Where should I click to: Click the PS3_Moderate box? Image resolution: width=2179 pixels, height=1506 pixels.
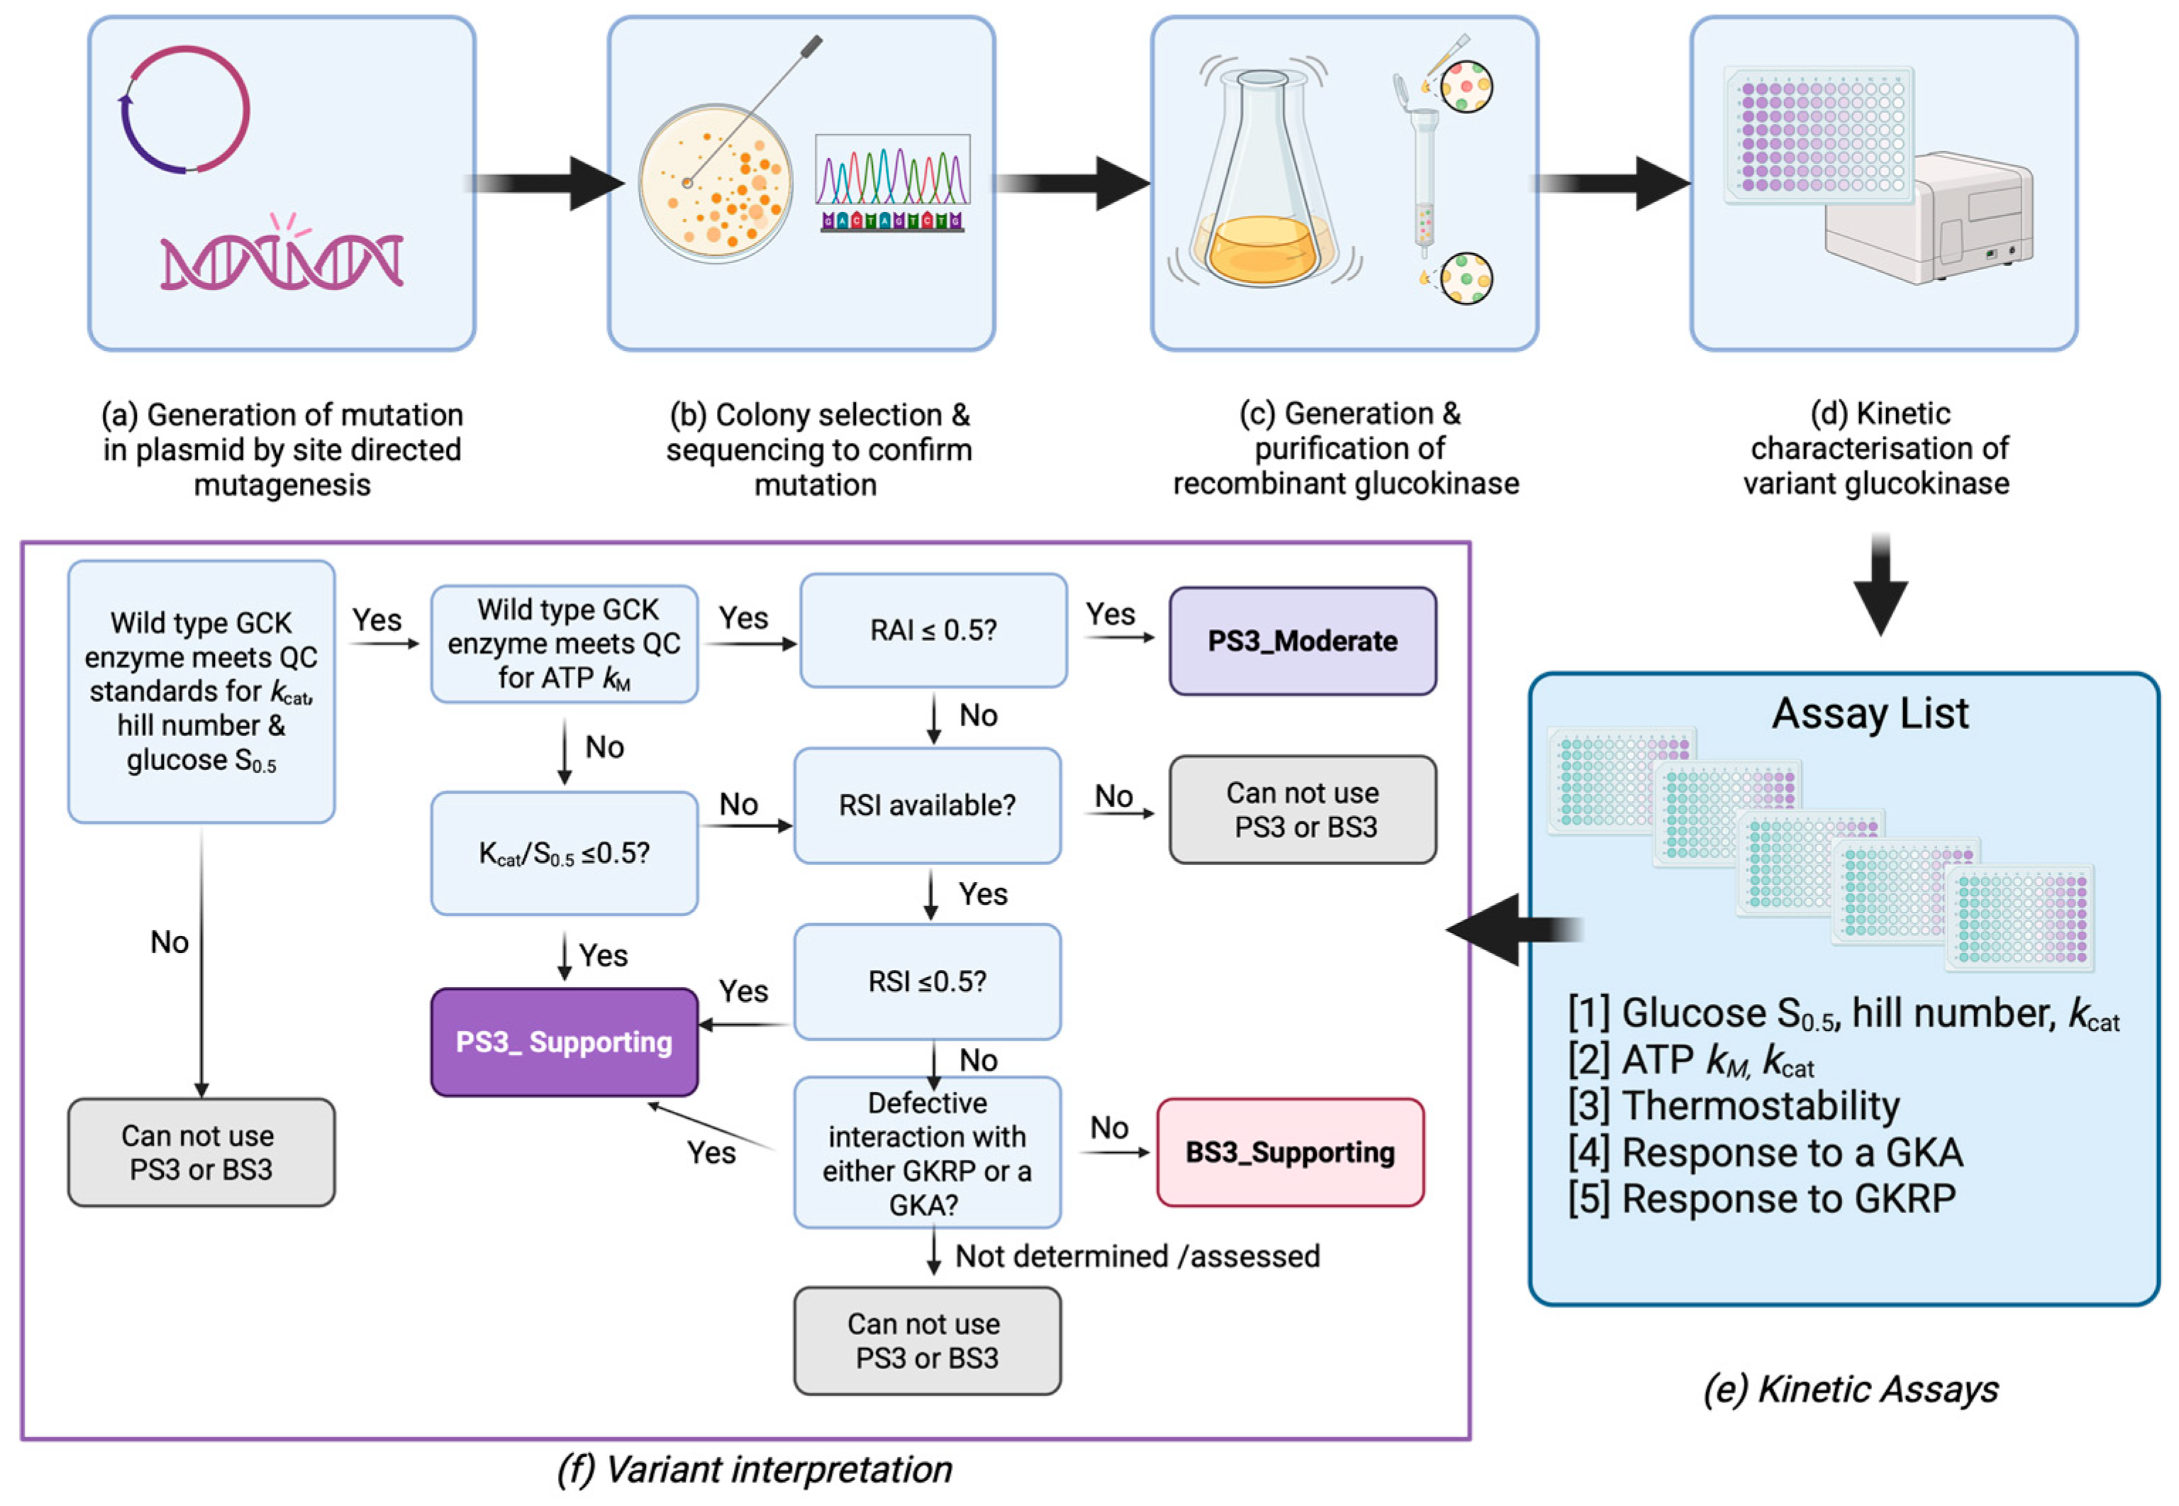1303,642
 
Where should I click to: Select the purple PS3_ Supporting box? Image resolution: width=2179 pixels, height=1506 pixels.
564,1042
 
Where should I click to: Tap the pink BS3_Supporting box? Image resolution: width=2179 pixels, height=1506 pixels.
1290,1152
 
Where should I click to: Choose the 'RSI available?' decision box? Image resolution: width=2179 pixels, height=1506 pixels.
927,805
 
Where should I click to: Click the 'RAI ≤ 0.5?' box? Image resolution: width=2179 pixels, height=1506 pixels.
933,630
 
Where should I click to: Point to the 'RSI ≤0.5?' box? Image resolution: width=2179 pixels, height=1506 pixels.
927,981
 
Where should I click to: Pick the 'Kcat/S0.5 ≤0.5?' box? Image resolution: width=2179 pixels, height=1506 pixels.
564,853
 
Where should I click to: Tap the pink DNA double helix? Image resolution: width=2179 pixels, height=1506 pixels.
282,260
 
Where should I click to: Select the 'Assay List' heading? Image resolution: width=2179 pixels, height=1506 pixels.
1869,713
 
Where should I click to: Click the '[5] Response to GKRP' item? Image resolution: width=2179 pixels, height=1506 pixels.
1761,1199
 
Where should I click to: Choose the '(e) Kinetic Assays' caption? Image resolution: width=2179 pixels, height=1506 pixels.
1851,1389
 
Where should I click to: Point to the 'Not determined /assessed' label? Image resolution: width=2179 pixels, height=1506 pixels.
1137,1256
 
